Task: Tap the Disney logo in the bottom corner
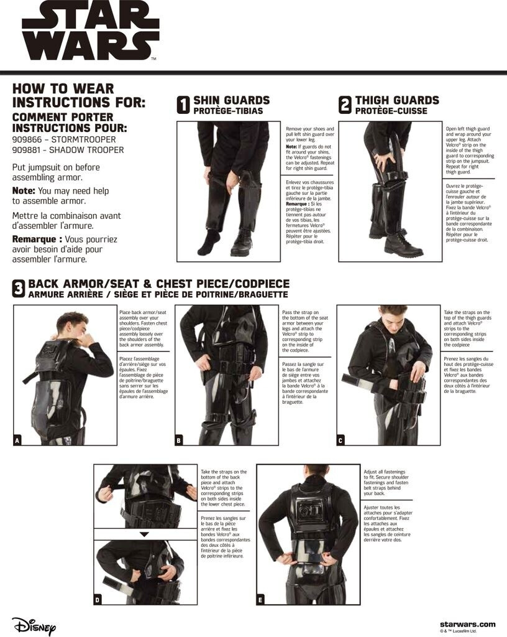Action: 34,625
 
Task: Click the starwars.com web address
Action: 468,625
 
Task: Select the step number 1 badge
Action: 183,105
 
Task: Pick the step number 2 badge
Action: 345,105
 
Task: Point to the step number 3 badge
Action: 19,289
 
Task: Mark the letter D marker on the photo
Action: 98,600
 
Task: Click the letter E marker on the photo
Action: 260,600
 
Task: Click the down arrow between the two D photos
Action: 144,534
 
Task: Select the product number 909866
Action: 29,139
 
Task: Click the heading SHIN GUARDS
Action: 232,100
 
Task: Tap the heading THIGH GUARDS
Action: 397,100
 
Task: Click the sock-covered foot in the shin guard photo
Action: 209,241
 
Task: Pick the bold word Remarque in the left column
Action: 37,239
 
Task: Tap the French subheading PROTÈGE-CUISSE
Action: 391,111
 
